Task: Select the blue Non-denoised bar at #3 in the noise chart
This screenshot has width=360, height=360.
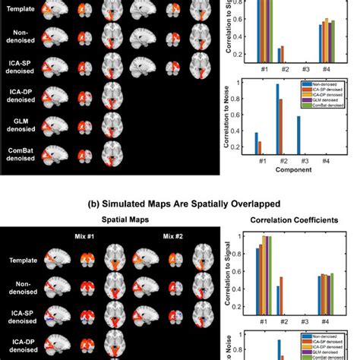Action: pyautogui.click(x=298, y=134)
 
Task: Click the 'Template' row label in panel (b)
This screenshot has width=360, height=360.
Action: pyautogui.click(x=21, y=259)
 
